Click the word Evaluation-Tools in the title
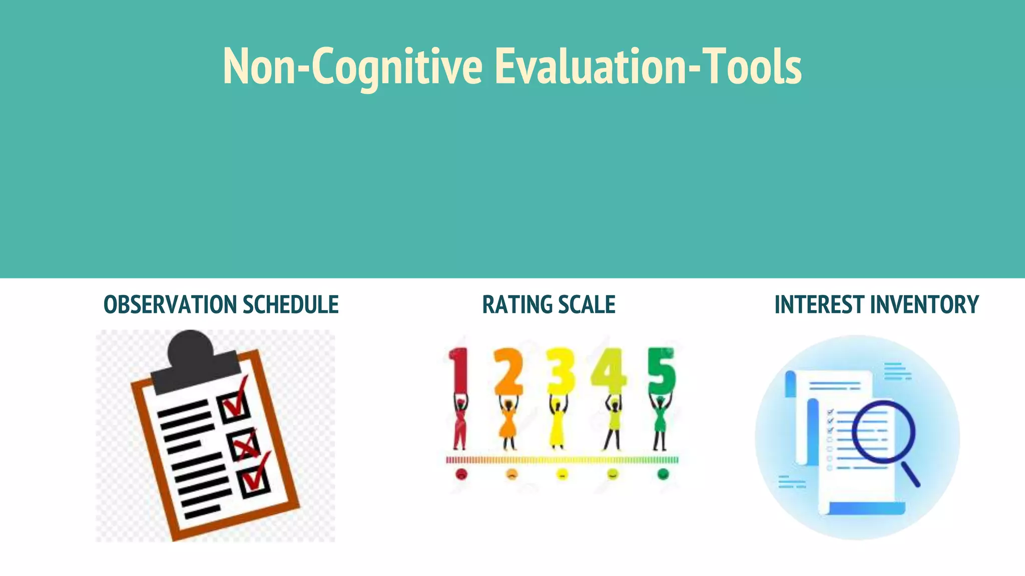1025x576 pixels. (x=648, y=66)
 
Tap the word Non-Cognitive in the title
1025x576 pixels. (x=352, y=66)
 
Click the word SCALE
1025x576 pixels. (x=587, y=304)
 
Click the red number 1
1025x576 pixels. (x=459, y=370)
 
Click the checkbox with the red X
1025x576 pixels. (x=244, y=444)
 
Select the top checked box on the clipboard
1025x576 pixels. (x=233, y=406)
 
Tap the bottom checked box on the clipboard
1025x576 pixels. (x=255, y=481)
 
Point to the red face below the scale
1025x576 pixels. (x=461, y=474)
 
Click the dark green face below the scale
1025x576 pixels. (x=663, y=474)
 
